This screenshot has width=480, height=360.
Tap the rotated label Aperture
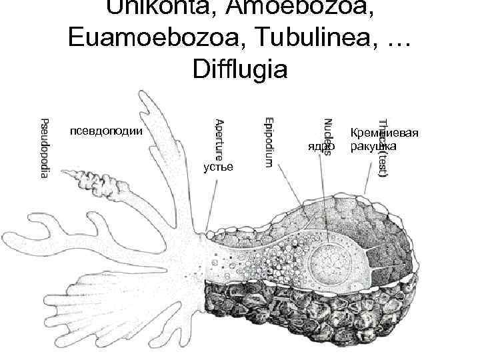[x=219, y=141]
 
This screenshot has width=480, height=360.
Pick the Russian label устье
[x=218, y=167]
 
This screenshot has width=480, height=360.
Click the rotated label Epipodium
[x=267, y=142]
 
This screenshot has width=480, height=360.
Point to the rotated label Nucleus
[x=327, y=136]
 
